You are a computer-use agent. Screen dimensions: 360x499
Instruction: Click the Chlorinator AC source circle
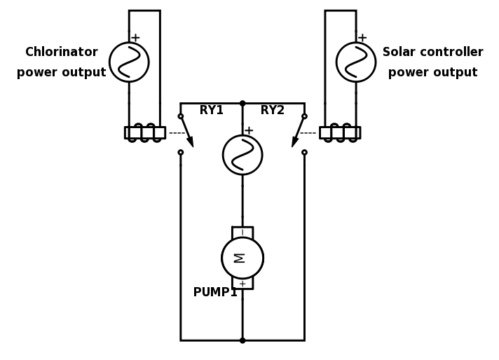pyautogui.click(x=129, y=62)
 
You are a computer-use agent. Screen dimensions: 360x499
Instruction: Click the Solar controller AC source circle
pyautogui.click(x=356, y=62)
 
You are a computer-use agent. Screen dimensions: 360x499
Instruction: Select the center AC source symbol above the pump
pyautogui.click(x=242, y=155)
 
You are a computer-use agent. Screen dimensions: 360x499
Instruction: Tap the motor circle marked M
pyautogui.click(x=242, y=258)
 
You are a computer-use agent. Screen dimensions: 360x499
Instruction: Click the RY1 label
pyautogui.click(x=211, y=111)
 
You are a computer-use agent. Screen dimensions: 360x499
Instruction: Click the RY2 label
pyautogui.click(x=273, y=111)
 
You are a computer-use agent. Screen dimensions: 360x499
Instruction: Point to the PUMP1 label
pyautogui.click(x=215, y=293)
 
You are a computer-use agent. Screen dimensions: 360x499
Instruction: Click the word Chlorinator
pyautogui.click(x=62, y=53)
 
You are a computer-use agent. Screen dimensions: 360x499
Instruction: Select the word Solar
pyautogui.click(x=399, y=53)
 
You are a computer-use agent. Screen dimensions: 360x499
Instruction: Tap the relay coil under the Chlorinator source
pyautogui.click(x=144, y=132)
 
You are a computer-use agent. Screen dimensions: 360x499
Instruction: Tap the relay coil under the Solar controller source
pyautogui.click(x=340, y=132)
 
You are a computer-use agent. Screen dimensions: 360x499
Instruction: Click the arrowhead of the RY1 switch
pyautogui.click(x=190, y=142)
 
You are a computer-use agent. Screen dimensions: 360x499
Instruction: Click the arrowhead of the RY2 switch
pyautogui.click(x=295, y=142)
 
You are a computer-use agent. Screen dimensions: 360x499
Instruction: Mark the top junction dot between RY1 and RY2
pyautogui.click(x=242, y=104)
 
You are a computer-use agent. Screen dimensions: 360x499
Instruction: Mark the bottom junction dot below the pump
pyautogui.click(x=242, y=340)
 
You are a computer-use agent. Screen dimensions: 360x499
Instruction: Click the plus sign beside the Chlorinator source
pyautogui.click(x=135, y=38)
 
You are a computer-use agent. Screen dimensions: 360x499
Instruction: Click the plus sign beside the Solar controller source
pyautogui.click(x=362, y=38)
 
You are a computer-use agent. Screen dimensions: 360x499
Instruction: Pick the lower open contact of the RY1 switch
pyautogui.click(x=181, y=152)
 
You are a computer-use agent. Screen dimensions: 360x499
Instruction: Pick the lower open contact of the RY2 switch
pyautogui.click(x=304, y=152)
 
